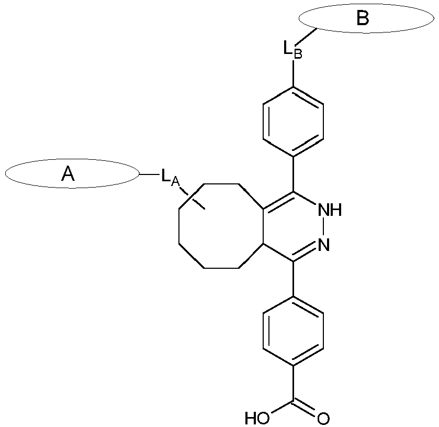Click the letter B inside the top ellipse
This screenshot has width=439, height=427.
(x=363, y=18)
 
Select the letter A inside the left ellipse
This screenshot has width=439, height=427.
(x=68, y=173)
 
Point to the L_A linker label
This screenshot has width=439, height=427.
(x=170, y=177)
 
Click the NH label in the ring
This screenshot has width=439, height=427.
(x=330, y=210)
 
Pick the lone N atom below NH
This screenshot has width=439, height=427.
(x=324, y=245)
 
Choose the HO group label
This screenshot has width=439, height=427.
(x=257, y=419)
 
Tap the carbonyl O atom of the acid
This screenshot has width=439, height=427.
(x=323, y=419)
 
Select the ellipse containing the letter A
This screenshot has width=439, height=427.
(x=5, y=173)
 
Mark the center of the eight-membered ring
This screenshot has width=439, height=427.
(x=221, y=226)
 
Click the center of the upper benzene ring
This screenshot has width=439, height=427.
(x=293, y=122)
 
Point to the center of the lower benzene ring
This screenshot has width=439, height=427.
(x=293, y=331)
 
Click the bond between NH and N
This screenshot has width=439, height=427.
(x=323, y=227)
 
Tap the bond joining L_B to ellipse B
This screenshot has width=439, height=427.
(x=307, y=37)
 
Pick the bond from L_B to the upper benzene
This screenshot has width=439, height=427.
(x=293, y=73)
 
